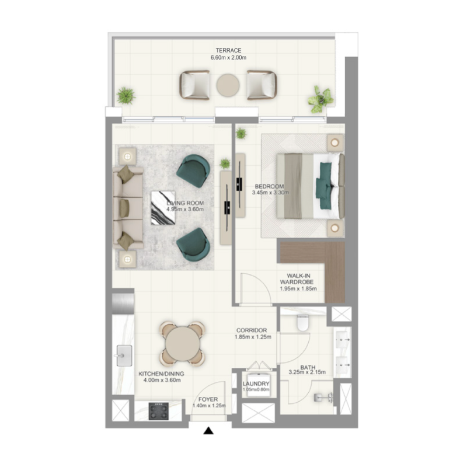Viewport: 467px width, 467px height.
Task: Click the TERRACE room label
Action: (x=228, y=51)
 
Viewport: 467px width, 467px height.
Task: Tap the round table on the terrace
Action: (x=227, y=85)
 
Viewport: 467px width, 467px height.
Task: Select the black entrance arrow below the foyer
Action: (x=208, y=431)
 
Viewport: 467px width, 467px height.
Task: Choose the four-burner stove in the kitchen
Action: (x=159, y=411)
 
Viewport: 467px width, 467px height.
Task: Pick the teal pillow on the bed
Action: (x=324, y=180)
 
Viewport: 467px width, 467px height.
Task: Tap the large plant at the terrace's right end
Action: (x=320, y=99)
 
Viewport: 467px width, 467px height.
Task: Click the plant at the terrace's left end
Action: (x=125, y=96)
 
